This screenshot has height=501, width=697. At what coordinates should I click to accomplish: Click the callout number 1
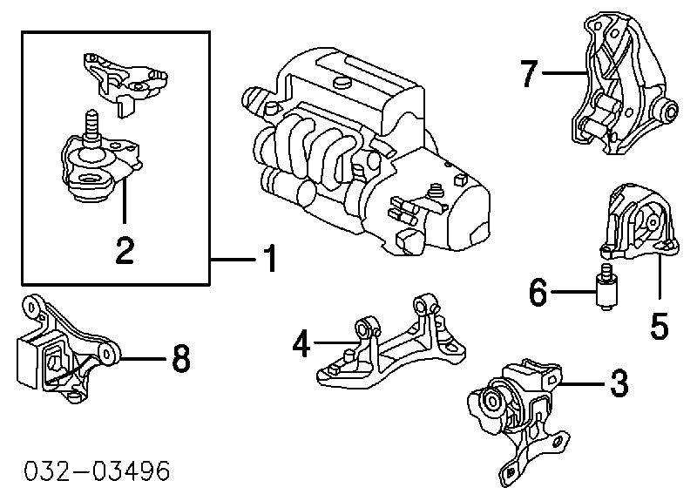271,258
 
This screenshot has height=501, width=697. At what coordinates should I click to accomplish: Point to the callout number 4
301,346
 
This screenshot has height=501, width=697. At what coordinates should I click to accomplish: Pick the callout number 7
529,74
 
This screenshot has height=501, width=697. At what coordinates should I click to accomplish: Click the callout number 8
180,358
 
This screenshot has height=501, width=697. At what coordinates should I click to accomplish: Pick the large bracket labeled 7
623,91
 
